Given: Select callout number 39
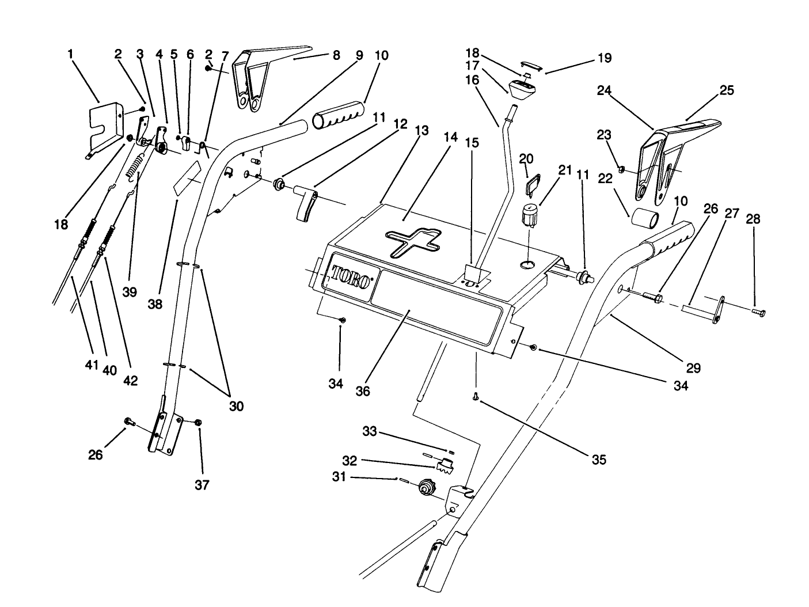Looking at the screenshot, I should click(x=130, y=293).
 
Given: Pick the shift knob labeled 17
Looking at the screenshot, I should click(x=523, y=88).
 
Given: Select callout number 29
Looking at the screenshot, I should click(x=694, y=368).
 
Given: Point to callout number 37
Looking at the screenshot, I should click(x=202, y=484).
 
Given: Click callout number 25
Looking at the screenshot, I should click(x=727, y=90).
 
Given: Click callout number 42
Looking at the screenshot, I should click(x=131, y=380).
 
